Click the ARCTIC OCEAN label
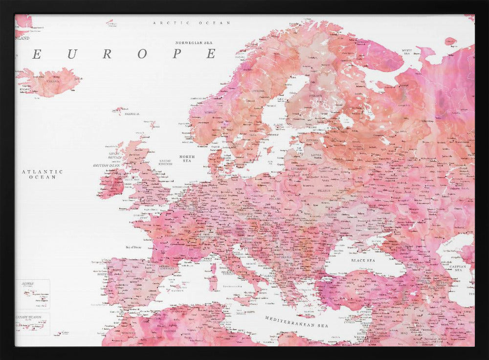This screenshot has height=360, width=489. [x=185, y=23]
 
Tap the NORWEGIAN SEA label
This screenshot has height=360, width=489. [x=196, y=43]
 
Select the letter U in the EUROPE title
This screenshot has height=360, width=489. [x=72, y=54]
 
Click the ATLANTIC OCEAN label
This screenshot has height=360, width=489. [x=43, y=174]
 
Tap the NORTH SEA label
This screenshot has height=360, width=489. [x=187, y=158]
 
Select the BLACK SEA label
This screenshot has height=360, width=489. [x=363, y=261]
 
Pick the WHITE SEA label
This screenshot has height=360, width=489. [x=407, y=51]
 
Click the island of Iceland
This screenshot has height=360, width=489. [x=49, y=82]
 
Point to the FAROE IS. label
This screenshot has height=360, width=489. [x=132, y=114]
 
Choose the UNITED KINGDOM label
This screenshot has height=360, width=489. [x=165, y=162]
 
